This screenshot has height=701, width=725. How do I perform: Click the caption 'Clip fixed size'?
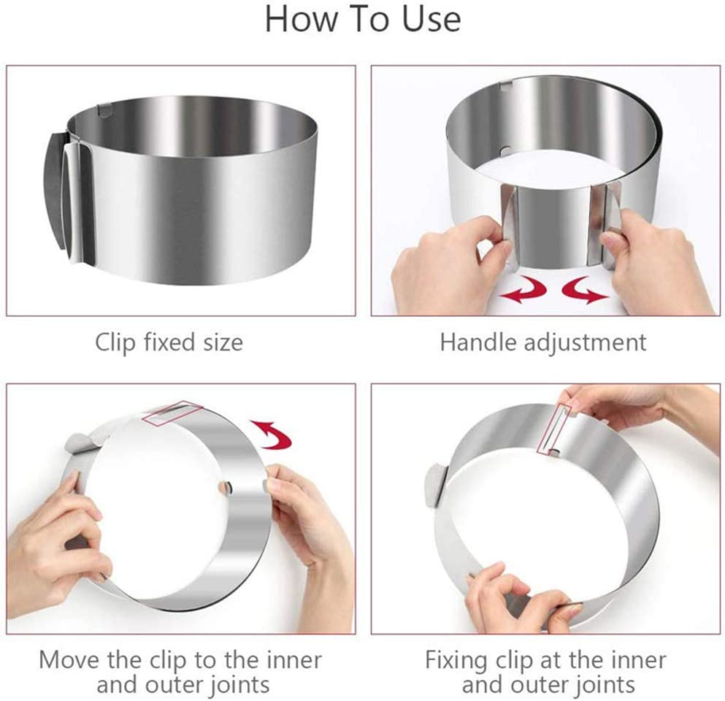click(169, 342)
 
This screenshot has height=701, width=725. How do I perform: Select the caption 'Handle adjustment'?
click(543, 342)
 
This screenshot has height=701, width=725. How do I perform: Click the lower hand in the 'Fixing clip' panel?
click(504, 599)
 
